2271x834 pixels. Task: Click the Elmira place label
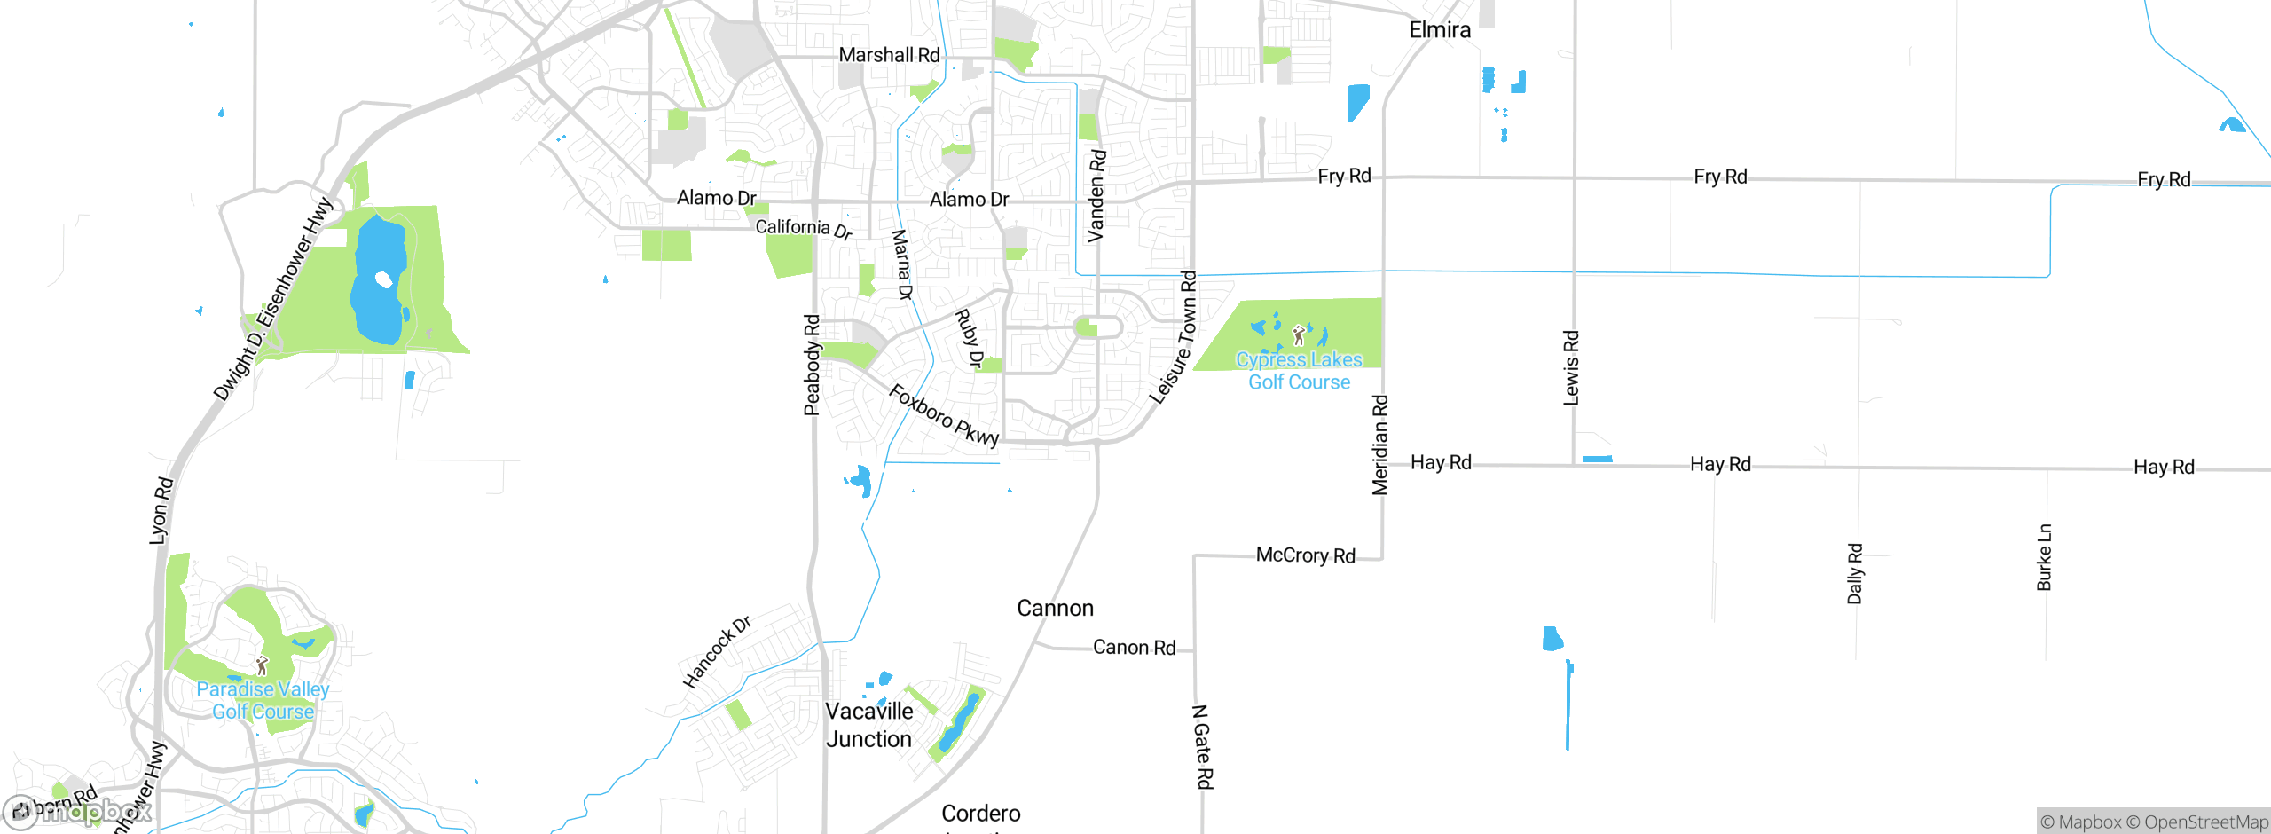[1439, 30]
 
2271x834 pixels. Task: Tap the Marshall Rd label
[889, 55]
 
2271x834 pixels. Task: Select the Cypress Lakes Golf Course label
[1299, 371]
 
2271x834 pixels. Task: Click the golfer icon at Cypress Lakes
[1299, 335]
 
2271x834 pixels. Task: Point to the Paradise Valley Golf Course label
[263, 700]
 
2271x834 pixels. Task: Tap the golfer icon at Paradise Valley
[262, 665]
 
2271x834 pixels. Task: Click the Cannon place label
[1055, 609]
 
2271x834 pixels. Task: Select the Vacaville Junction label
[869, 725]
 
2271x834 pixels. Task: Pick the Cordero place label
[980, 814]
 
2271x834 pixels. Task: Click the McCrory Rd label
[1305, 555]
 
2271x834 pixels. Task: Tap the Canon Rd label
[1134, 648]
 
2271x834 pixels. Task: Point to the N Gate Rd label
[1203, 746]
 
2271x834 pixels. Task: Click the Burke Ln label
[2044, 557]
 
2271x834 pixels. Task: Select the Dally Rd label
[1855, 573]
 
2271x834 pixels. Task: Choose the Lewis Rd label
[1571, 368]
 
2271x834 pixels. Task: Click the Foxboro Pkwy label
[944, 415]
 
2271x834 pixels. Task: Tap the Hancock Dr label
[717, 652]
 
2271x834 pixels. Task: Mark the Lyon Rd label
[161, 510]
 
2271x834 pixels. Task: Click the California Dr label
[804, 229]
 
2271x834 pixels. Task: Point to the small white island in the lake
[384, 280]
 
